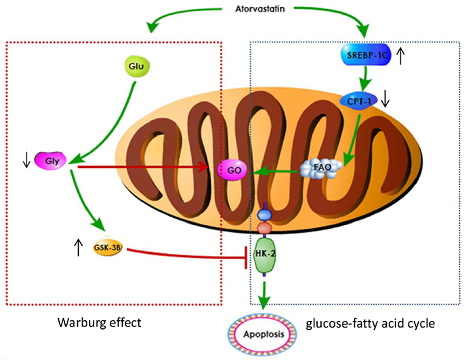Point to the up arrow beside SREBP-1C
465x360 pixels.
point(401,56)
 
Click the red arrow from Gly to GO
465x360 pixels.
point(141,167)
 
